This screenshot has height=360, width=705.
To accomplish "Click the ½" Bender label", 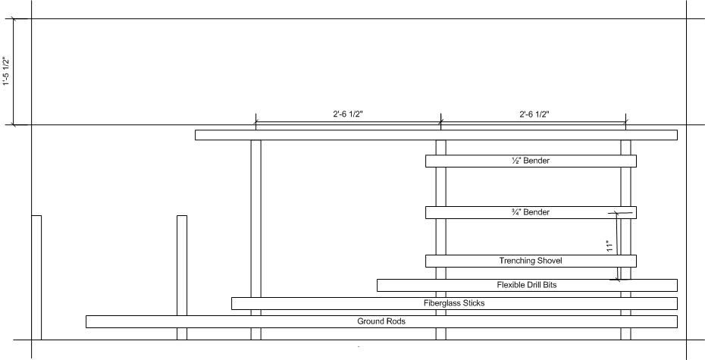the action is pos(531,161).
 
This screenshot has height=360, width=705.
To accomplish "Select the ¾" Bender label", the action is pos(531,212).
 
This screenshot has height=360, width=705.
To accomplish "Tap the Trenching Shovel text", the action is pos(531,261).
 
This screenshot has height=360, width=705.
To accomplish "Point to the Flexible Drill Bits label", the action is pos(527,285).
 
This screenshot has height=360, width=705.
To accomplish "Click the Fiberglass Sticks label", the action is pos(454,303).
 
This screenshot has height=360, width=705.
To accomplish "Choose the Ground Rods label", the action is pos(381,321).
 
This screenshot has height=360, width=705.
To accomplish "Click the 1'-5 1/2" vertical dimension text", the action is pos(6,71).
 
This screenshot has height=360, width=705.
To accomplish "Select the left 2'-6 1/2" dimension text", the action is pos(348,114).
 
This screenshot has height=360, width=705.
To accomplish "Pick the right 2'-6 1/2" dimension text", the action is pos(534,114).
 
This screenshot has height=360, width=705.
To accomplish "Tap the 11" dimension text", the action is pos(609,246).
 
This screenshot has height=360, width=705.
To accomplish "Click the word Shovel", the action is pos(550,261).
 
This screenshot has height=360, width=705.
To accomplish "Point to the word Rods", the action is pos(396,321).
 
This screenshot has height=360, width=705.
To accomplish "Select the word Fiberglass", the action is pos(442,303).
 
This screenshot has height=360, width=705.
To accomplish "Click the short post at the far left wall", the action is pos(36,277).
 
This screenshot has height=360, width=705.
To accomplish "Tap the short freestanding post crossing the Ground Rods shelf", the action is pos(182,277).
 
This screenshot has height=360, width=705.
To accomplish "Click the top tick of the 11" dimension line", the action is pos(616,213).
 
